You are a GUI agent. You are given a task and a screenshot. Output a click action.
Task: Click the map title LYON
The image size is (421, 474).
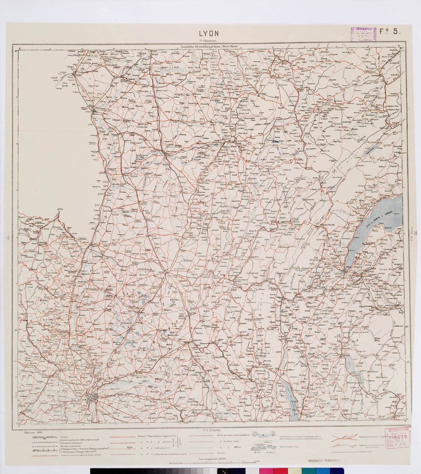click(x=209, y=34)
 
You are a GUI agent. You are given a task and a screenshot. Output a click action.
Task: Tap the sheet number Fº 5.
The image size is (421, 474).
click(x=390, y=33)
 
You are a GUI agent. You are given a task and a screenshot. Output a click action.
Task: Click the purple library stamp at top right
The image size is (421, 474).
click(x=363, y=35)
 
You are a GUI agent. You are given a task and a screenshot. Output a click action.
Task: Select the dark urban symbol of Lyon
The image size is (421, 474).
click(x=94, y=397)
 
